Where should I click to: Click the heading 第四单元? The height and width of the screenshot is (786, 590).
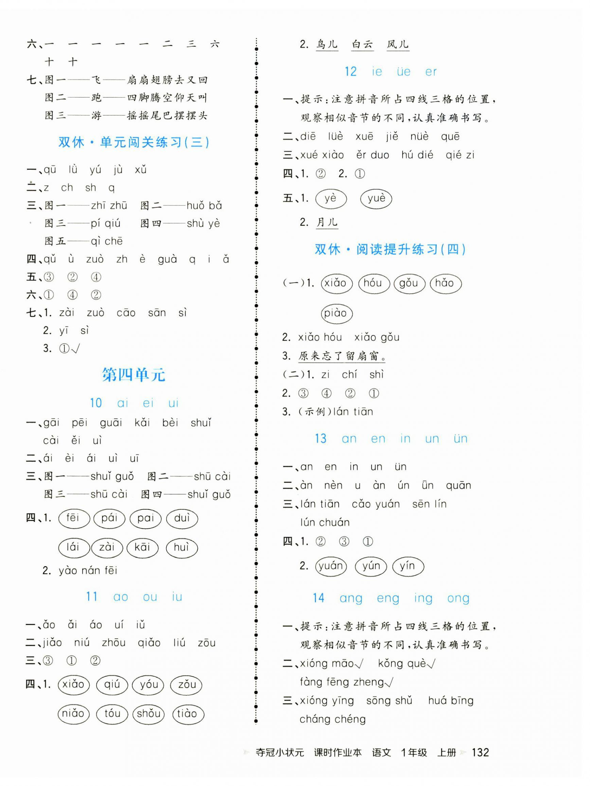tap(134, 375)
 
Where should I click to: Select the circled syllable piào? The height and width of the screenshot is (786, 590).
tap(336, 313)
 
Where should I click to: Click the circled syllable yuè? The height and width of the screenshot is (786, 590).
tap(376, 198)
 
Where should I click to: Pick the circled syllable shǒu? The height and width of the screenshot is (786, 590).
tap(149, 713)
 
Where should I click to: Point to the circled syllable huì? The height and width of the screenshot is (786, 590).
tap(181, 547)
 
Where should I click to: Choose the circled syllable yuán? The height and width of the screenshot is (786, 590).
tap(331, 566)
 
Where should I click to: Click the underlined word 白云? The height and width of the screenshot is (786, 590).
tap(362, 45)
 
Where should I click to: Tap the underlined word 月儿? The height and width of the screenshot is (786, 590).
tap(327, 222)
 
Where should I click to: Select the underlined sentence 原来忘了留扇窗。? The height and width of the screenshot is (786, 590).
tap(342, 356)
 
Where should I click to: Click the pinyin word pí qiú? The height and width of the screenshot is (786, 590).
tap(105, 224)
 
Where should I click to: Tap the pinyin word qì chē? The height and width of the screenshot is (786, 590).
tap(106, 241)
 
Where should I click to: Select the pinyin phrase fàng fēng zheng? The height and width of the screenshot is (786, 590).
tap(342, 682)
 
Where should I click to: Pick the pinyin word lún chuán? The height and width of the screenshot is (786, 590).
tap(324, 522)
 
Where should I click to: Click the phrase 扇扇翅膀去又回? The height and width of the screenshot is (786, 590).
tap(167, 80)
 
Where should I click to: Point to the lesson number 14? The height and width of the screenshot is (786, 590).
tap(318, 598)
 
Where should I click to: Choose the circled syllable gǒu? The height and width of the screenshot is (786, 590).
tap(409, 284)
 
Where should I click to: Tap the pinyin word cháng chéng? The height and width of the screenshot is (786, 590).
tap(332, 719)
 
